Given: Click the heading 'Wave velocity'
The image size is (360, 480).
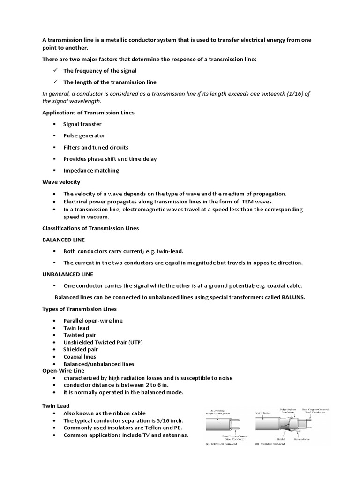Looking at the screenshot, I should click(x=61, y=182).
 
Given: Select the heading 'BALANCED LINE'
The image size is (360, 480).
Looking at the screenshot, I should click(x=63, y=240).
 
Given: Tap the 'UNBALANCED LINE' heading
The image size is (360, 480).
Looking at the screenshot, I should click(x=67, y=274).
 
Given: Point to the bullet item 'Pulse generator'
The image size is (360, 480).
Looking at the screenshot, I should click(x=84, y=135).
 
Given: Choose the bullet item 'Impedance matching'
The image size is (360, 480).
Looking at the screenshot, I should click(x=91, y=170).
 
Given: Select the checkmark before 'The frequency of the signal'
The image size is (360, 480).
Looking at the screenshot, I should click(x=54, y=70).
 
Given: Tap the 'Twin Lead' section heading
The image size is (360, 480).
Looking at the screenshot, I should click(x=56, y=405).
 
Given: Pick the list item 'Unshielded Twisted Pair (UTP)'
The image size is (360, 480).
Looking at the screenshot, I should click(x=103, y=342).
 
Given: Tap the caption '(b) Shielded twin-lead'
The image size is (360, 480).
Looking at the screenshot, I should click(x=270, y=444).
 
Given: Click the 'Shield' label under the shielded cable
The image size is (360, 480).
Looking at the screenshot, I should click(x=280, y=439).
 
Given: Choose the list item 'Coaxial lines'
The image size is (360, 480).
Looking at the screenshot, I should click(x=80, y=357).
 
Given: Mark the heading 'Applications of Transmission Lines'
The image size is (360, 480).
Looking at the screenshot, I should click(x=88, y=112).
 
